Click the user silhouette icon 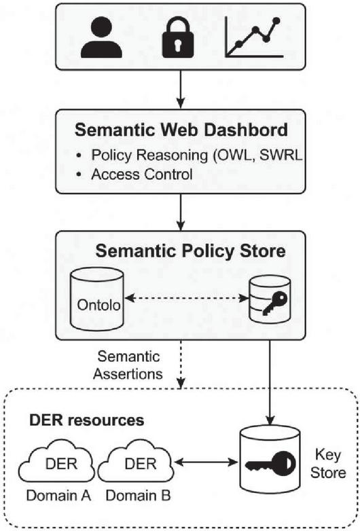pyautogui.click(x=102, y=37)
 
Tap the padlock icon pyautogui.click(x=178, y=37)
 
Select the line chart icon pyautogui.click(x=254, y=37)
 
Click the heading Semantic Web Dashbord pyautogui.click(x=181, y=130)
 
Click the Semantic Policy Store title pyautogui.click(x=190, y=251)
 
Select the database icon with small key pyautogui.click(x=270, y=299)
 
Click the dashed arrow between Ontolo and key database pyautogui.click(x=186, y=298)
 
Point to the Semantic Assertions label pyautogui.click(x=128, y=365)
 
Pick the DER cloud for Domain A pyautogui.click(x=57, y=460)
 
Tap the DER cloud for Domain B pyautogui.click(x=135, y=460)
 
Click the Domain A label pyautogui.click(x=58, y=496)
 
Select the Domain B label pyautogui.click(x=138, y=496)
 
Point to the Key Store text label pyautogui.click(x=328, y=464)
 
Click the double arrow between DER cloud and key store pyautogui.click(x=206, y=462)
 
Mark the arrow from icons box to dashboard pyautogui.click(x=181, y=90)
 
